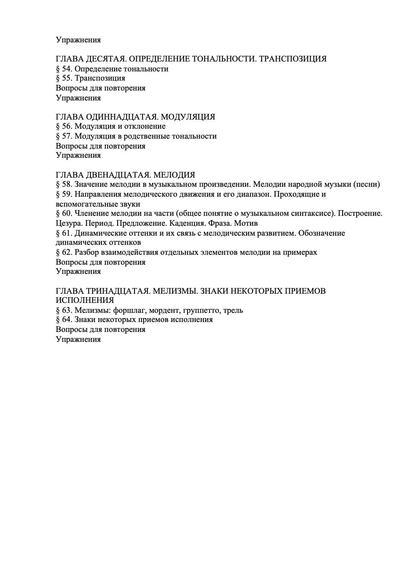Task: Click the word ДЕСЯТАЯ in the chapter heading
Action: pyautogui.click(x=103, y=59)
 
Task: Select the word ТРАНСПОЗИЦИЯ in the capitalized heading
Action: pyautogui.click(x=293, y=59)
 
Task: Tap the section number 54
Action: pyautogui.click(x=67, y=69)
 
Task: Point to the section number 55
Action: pyautogui.click(x=67, y=78)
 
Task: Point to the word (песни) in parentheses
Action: pyautogui.click(x=367, y=184)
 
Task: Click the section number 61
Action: pyautogui.click(x=67, y=233)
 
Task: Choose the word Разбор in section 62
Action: pyautogui.click(x=86, y=252)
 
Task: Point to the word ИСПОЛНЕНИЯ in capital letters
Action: pyautogui.click(x=85, y=300)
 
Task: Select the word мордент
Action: pyautogui.click(x=166, y=310)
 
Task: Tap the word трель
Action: pyautogui.click(x=233, y=310)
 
